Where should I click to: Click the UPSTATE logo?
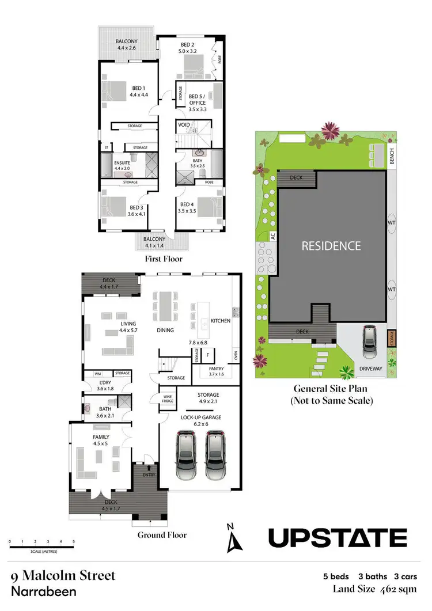tap(338, 538)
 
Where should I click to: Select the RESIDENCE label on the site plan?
tap(332, 246)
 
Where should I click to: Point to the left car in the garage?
tap(185, 452)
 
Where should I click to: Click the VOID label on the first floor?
tap(184, 124)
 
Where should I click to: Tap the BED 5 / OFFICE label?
tap(198, 99)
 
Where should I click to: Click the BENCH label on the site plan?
tap(392, 156)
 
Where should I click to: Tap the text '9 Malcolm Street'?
tap(63, 575)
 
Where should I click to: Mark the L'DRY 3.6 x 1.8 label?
tap(106, 386)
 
